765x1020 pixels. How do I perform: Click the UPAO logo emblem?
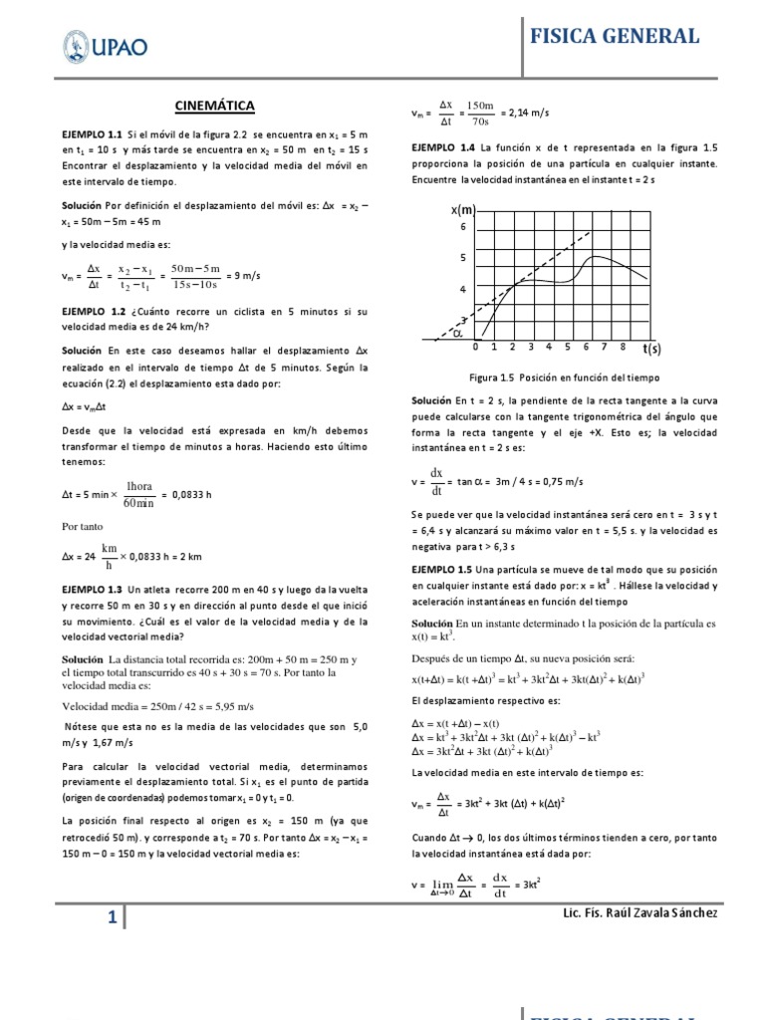(x=77, y=46)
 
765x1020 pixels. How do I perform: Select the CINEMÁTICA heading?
(x=215, y=105)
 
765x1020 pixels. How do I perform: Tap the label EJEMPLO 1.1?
(x=92, y=132)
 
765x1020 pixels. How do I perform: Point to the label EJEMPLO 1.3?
(x=92, y=590)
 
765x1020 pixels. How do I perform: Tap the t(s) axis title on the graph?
(x=652, y=349)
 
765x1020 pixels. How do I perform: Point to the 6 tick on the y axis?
(x=462, y=227)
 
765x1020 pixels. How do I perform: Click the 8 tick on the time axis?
(x=622, y=347)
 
